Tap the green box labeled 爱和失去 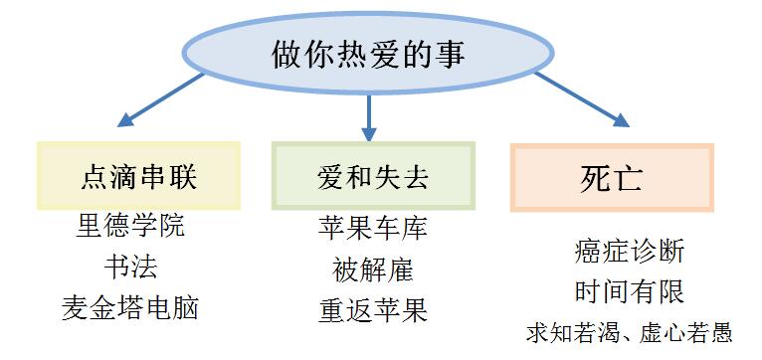pyautogui.click(x=373, y=177)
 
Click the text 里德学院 pyautogui.click(x=130, y=226)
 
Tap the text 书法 pyautogui.click(x=130, y=267)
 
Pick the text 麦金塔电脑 pyautogui.click(x=130, y=307)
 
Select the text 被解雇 pyautogui.click(x=373, y=269)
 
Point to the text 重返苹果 pyautogui.click(x=373, y=309)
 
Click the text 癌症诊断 pyautogui.click(x=630, y=251)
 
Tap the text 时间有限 pyautogui.click(x=630, y=291)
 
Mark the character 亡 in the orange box pyautogui.click(x=630, y=179)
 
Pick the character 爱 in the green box pyautogui.click(x=329, y=178)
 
